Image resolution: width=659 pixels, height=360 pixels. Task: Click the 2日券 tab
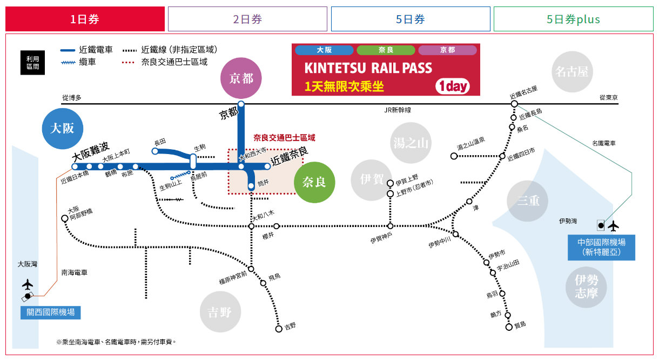click(x=247, y=19)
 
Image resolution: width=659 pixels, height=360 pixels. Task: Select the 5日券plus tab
click(x=573, y=19)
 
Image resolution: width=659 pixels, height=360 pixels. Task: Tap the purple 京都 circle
click(x=241, y=78)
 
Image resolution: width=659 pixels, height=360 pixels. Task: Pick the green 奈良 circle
click(x=314, y=182)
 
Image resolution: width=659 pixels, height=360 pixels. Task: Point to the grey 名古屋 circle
click(x=574, y=71)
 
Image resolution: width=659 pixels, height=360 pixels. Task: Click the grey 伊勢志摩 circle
click(x=586, y=286)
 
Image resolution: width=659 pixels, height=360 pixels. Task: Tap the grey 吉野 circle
click(x=219, y=312)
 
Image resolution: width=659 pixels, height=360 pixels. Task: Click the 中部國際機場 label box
click(x=601, y=246)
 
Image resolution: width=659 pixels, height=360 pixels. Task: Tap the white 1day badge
click(x=453, y=86)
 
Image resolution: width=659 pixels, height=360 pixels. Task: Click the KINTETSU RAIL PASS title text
click(x=368, y=68)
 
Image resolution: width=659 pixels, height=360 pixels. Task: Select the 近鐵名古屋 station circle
click(x=514, y=103)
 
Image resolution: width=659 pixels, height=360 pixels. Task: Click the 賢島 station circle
click(x=508, y=326)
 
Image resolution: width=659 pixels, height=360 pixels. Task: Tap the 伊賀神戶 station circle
click(x=390, y=226)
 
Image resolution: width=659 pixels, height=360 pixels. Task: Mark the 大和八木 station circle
click(x=251, y=226)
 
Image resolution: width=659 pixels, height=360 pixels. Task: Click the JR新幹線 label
click(x=397, y=110)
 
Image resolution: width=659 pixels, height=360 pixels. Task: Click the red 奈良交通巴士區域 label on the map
click(x=284, y=138)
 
